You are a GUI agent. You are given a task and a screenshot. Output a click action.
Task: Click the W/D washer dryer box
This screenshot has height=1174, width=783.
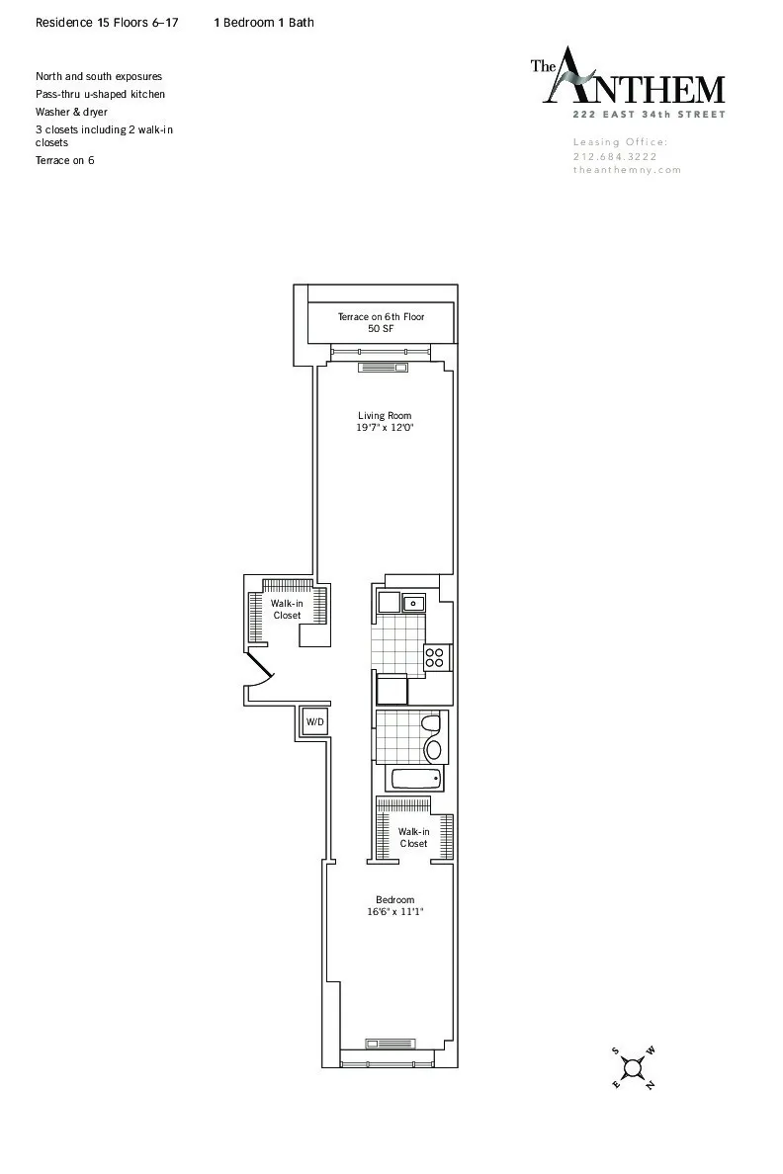coord(313,722)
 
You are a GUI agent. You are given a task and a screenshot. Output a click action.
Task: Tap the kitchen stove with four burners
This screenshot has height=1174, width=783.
coord(436,657)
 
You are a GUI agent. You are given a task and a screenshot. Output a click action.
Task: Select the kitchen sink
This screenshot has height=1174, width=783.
coord(413,601)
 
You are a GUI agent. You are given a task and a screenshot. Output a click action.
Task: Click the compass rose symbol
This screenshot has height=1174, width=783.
coord(633,1067)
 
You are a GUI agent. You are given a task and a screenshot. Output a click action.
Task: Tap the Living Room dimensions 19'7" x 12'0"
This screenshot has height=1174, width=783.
coord(385,429)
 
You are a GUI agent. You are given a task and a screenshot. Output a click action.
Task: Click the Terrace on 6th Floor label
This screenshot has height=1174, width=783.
coord(381,316)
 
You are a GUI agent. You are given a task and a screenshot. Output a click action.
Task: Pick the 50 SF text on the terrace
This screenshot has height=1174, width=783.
coord(381,328)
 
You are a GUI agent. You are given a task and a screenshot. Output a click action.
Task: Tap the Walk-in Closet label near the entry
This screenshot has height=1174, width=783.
coord(287,609)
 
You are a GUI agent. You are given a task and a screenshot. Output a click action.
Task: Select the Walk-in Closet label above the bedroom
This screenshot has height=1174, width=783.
coord(413,838)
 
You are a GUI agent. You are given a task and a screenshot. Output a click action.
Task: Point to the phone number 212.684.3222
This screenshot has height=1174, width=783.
coord(614,156)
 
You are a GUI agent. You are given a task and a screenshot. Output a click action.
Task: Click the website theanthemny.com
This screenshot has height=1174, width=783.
coord(627,170)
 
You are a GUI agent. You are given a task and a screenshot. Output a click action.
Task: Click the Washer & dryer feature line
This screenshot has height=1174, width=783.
coord(72,112)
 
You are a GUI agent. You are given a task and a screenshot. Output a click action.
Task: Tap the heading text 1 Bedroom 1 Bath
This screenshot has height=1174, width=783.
coord(264,22)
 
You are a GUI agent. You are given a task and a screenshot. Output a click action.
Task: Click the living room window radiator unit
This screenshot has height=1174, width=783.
coord(381,368)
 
